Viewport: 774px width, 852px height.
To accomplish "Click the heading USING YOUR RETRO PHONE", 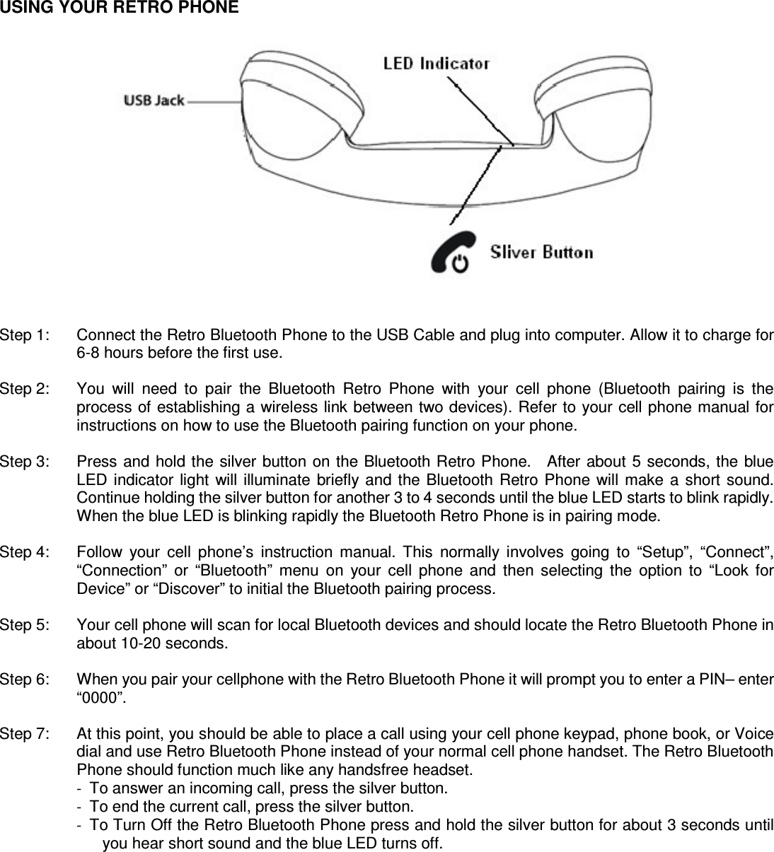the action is click(120, 8).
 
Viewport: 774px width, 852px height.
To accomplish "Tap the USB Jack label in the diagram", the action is click(154, 100).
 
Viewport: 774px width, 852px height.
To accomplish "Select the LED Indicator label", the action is click(436, 64).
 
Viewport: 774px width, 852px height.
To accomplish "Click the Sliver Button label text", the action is click(541, 252).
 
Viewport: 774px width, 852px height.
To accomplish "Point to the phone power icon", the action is click(450, 254).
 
